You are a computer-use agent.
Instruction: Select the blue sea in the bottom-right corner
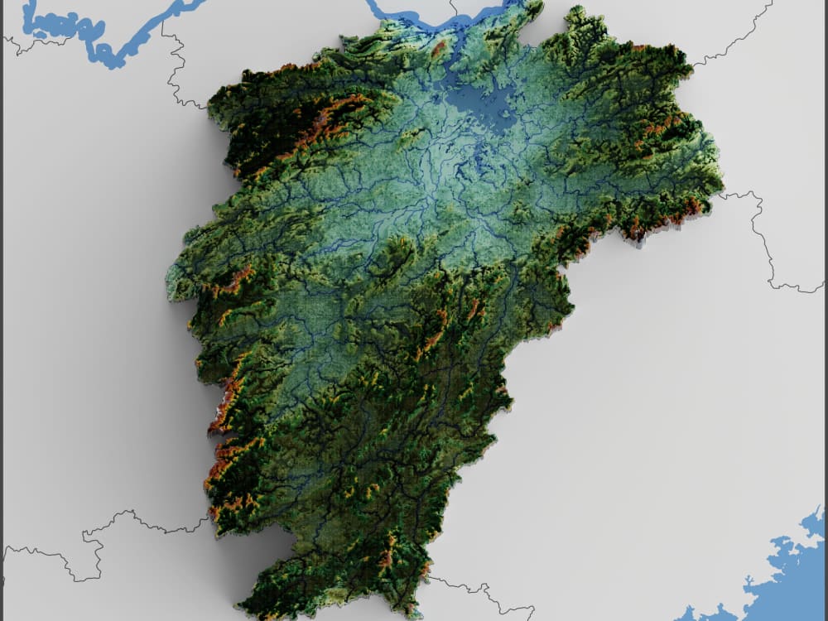(787, 580)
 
